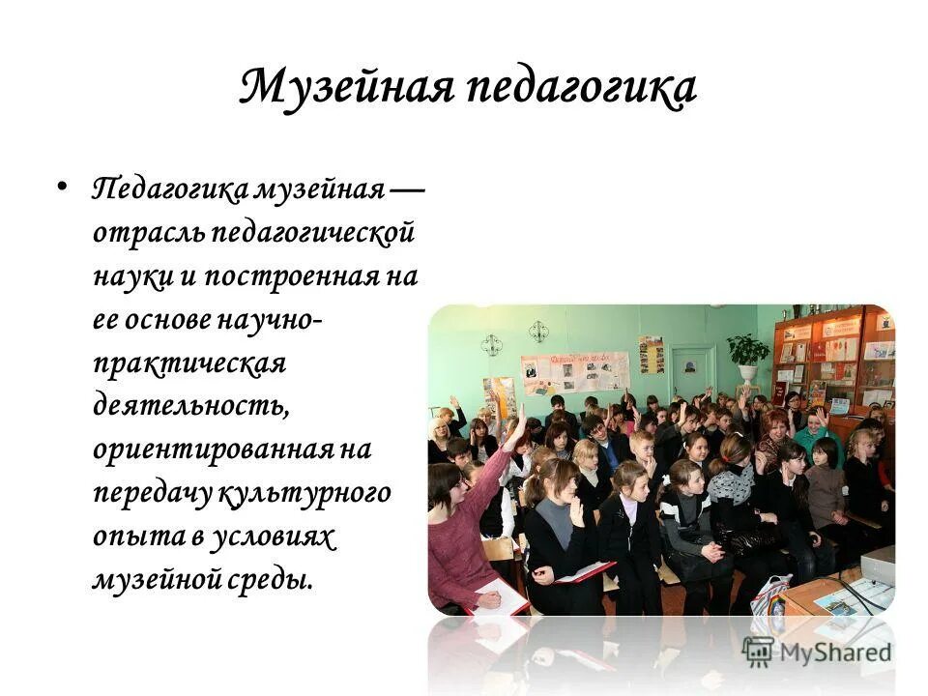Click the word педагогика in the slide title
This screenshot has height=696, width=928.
tap(582, 88)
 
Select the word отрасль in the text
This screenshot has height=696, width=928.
tap(147, 233)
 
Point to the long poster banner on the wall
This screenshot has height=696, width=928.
tap(574, 371)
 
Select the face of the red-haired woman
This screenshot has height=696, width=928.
tap(776, 425)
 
